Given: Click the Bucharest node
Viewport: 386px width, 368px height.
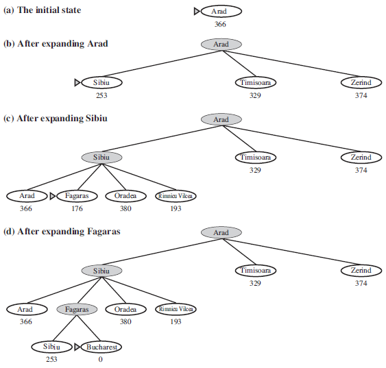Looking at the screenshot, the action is pos(101,347).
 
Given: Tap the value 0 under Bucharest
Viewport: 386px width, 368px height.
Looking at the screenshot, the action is pos(100,359).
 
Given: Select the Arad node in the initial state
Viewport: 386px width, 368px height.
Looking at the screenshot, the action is pos(221,12).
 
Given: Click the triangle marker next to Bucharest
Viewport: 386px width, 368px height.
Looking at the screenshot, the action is pos(77,347).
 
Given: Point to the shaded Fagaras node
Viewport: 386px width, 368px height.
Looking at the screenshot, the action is pos(77,309).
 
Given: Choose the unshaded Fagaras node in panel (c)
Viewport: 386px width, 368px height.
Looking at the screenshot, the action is pos(77,196).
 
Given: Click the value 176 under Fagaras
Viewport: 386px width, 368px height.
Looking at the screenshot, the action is pos(77,208).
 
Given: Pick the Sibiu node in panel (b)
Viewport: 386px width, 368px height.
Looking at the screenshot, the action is pos(101,82).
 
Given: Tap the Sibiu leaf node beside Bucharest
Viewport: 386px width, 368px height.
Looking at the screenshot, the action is pos(51,347).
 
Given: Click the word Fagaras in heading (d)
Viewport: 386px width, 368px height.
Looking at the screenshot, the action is pos(104,232).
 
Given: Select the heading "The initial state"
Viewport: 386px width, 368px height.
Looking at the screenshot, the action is pos(49,10).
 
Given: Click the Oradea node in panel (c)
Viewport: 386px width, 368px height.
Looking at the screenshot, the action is pos(125,196).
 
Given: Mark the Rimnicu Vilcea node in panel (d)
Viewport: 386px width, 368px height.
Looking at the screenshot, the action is pos(176,309).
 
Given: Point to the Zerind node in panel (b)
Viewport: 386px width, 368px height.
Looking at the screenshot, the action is pos(361,82).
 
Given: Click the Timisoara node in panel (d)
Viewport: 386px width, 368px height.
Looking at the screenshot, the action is pos(256,271).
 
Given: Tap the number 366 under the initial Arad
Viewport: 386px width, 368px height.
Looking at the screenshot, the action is pos(220,24).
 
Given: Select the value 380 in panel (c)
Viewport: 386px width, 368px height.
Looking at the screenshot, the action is pos(125,208).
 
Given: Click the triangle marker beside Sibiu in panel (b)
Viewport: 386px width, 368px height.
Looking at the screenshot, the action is pos(77,82).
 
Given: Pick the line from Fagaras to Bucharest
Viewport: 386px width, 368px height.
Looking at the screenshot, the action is pos(88,328).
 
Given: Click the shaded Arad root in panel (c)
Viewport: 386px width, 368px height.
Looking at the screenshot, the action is pos(221,119).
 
